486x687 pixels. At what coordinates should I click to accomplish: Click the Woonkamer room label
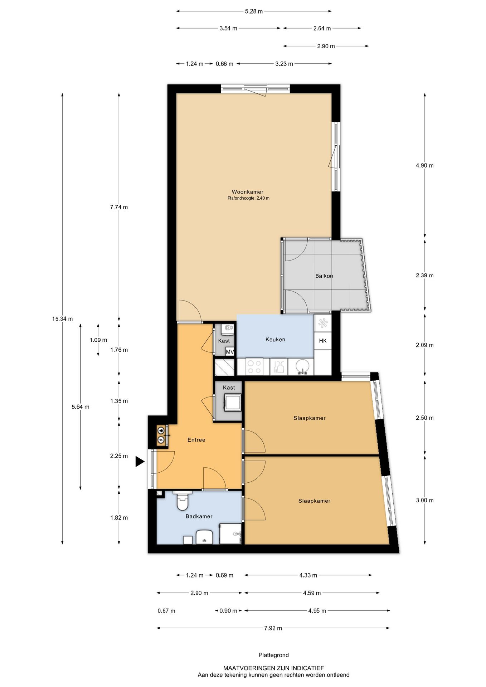coord(247,192)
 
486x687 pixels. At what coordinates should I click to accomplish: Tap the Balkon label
coord(324,276)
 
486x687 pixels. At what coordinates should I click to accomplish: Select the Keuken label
coord(275,340)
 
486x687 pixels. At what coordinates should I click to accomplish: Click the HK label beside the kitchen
coord(323,341)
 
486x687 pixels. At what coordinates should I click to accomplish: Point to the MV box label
coord(230,352)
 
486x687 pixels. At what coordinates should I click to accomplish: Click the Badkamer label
coord(199,516)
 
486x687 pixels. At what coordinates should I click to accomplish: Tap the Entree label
coord(196,440)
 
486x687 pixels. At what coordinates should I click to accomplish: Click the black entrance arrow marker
coord(140,462)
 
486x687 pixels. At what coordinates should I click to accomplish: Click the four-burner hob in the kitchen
coord(254,367)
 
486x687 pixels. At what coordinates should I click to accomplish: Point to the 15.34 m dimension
coord(62,319)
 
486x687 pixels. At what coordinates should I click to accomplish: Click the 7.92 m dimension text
coord(273,628)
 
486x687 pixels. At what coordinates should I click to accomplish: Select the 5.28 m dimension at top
coord(254,11)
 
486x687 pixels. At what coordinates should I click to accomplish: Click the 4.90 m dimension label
coord(424,166)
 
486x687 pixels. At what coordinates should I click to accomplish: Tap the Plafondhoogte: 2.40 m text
coord(248,198)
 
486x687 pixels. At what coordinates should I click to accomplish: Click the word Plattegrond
coord(274,655)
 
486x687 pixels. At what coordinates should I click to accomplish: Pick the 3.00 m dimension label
coord(424,500)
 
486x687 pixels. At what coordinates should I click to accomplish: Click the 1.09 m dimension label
coord(98,340)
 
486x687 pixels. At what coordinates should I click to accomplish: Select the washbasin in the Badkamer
coord(205,537)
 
